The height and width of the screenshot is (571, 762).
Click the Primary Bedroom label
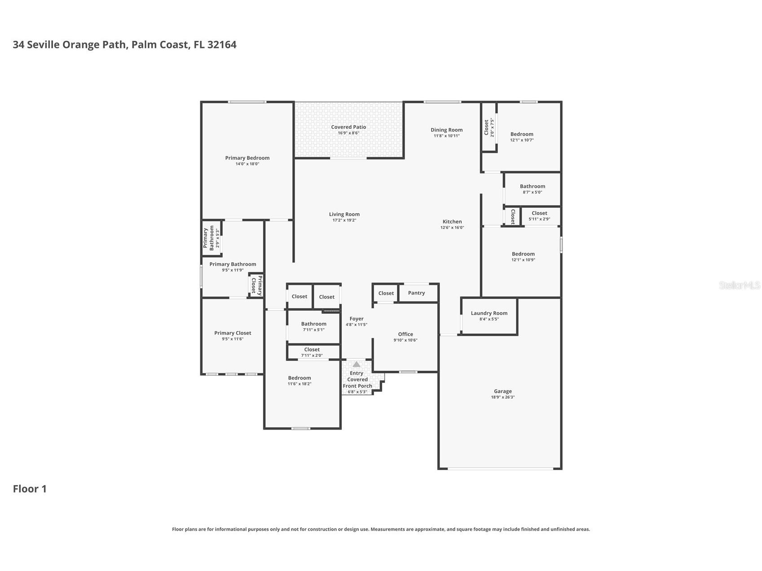coord(247,158)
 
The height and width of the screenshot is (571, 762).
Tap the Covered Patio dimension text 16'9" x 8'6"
coord(348,133)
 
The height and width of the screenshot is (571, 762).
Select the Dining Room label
coord(446,130)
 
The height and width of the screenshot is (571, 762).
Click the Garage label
coord(502,391)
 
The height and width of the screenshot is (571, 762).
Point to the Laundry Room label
coord(489,313)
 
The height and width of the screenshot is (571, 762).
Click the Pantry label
coord(416,293)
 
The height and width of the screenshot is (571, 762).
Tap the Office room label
coord(405,334)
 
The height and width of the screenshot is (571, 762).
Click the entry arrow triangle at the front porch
coord(356,364)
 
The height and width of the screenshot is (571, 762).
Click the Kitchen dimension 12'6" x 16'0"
coord(452,228)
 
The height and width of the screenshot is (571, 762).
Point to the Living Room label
coord(344,215)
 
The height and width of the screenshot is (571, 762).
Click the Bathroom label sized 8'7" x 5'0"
coord(533,186)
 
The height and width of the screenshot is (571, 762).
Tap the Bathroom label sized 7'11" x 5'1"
coord(314,324)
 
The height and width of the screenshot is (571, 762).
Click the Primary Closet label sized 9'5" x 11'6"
coord(233,333)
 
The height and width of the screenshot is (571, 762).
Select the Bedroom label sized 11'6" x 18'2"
coord(300,378)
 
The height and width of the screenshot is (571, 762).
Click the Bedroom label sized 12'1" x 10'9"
coord(523,254)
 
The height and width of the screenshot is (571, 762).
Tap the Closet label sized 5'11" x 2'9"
coord(539,214)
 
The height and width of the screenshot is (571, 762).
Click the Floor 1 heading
coord(30,489)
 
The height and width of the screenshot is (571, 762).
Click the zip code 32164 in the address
coord(222,44)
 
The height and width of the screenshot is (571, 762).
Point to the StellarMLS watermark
coord(739,285)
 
